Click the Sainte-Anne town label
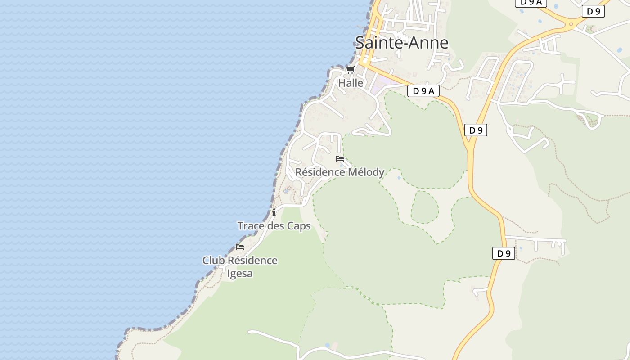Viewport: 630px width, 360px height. point(401,43)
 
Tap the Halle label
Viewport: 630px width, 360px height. point(351,83)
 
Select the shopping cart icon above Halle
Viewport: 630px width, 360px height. point(350,70)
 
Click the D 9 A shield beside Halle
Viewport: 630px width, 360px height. point(423,91)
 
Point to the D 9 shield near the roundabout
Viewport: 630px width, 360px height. point(593,12)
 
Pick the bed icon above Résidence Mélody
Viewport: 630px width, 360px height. point(340,159)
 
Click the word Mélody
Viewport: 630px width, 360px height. point(366,172)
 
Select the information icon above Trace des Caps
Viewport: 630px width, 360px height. point(274,212)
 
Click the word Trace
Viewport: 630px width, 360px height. point(251,226)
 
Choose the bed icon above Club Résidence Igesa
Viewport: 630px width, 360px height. point(240,247)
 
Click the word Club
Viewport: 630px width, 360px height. point(214,261)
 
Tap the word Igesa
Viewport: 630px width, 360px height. point(240,274)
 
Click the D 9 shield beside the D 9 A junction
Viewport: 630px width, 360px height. point(475,130)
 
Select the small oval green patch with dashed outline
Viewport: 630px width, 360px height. point(424,207)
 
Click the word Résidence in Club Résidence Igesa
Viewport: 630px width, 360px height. point(252,261)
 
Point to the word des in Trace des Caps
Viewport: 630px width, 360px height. point(276,226)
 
